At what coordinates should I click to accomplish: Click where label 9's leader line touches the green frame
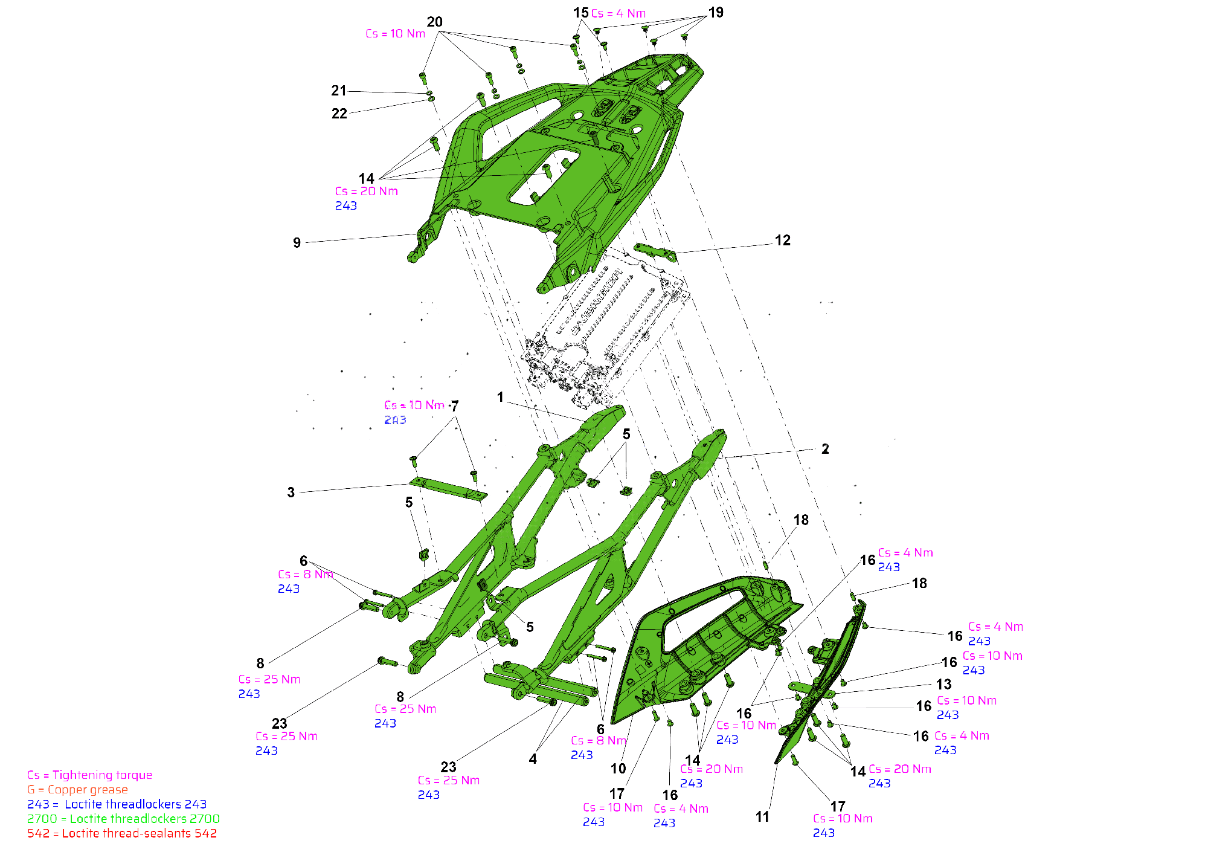(417, 234)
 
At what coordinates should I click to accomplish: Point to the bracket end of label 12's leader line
(675, 253)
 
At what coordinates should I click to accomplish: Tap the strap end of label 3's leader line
(411, 483)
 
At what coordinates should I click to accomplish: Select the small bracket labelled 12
(655, 251)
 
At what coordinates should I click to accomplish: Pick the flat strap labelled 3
(448, 488)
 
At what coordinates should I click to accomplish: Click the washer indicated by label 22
(431, 98)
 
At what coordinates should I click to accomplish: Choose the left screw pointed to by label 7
(414, 461)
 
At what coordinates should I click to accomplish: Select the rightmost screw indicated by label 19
(684, 37)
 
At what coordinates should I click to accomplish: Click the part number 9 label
(297, 242)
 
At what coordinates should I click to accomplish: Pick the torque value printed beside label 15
(618, 13)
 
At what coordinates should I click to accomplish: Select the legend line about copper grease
(77, 789)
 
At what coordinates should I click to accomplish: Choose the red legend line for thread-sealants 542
(121, 833)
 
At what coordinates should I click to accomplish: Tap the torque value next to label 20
(396, 33)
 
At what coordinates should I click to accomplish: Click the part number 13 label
(943, 684)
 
